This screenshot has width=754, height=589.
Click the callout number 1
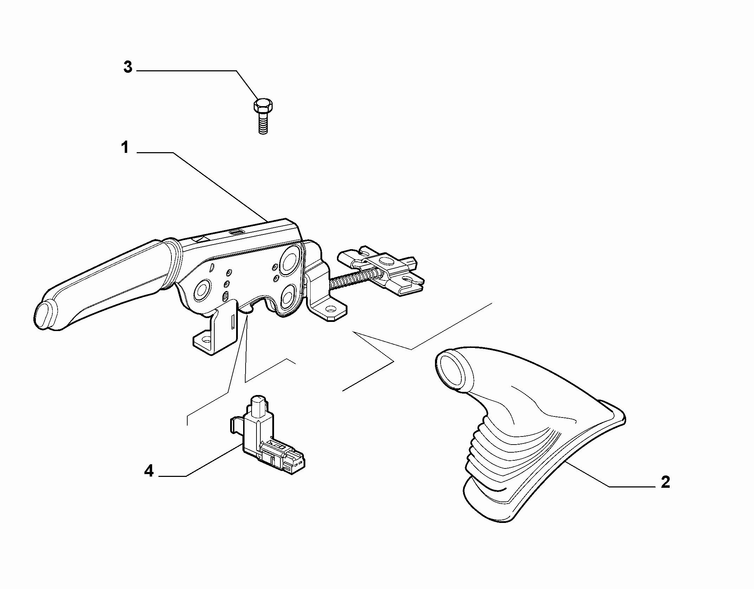click(x=125, y=148)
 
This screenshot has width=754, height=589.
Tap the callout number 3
click(x=128, y=67)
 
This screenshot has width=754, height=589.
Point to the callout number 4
click(x=149, y=471)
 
